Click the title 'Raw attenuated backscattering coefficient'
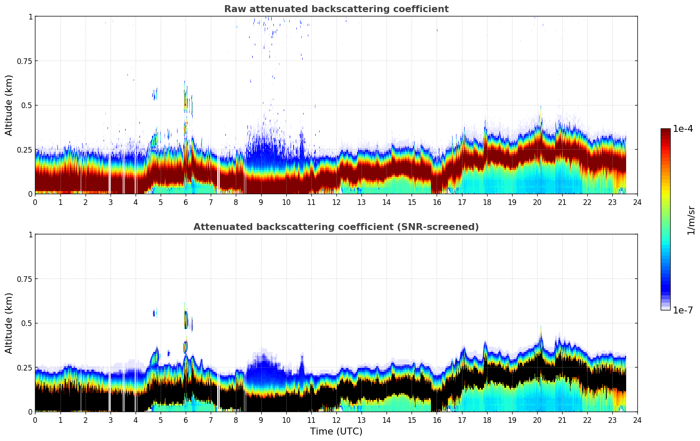(336, 9)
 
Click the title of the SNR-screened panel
(336, 227)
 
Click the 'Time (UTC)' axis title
(336, 431)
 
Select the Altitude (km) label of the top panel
(9, 105)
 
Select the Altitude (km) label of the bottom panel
(9, 323)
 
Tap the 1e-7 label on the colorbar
(683, 310)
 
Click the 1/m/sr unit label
(691, 220)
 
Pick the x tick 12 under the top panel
(336, 202)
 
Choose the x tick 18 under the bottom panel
(487, 420)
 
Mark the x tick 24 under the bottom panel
(637, 420)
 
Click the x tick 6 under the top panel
(186, 202)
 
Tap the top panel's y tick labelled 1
(30, 16)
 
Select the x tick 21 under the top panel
(562, 202)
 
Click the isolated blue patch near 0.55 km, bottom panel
(154, 313)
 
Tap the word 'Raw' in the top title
(233, 9)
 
